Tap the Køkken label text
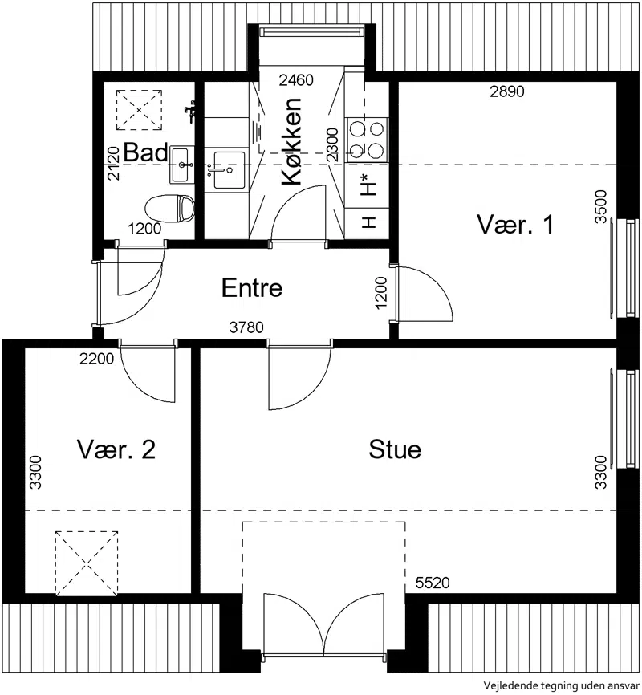click(292, 141)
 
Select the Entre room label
click(252, 287)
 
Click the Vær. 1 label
click(515, 224)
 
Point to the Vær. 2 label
click(116, 449)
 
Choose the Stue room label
click(395, 449)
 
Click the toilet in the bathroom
click(170, 209)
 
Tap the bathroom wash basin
click(181, 165)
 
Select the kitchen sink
click(229, 170)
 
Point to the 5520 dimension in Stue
click(433, 583)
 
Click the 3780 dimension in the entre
click(246, 327)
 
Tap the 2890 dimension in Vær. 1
click(506, 91)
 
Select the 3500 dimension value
click(601, 206)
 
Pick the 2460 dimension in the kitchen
click(296, 80)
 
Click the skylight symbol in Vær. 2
click(87, 563)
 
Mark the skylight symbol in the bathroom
click(139, 109)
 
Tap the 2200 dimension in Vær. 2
click(96, 359)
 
